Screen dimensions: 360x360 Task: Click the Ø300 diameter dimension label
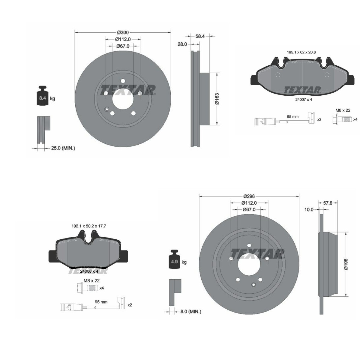[123, 32]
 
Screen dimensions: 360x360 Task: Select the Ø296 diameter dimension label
[249, 196]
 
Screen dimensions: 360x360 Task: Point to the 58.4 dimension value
[200, 36]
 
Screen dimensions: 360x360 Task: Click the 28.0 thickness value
[182, 44]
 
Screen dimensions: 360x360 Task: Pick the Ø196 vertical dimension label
[346, 264]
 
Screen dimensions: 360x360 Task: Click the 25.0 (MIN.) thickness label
[61, 148]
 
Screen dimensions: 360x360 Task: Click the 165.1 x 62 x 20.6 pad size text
[301, 52]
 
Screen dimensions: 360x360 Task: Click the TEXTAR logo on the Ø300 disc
[127, 90]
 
